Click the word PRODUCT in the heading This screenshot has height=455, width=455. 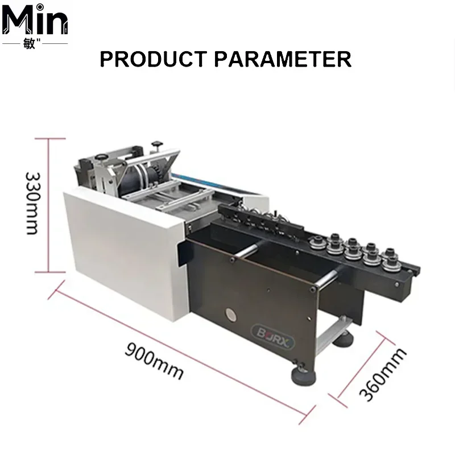tap(153, 59)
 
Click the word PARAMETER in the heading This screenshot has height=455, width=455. tap(283, 59)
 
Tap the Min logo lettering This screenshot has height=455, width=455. tap(35, 19)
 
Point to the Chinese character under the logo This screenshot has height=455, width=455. tap(29, 44)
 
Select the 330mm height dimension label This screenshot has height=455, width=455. tap(32, 203)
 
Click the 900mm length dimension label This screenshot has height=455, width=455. tap(154, 361)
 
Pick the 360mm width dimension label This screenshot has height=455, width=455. tap(382, 374)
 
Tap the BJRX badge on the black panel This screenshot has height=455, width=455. tap(273, 337)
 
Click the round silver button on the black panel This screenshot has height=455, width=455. tap(231, 315)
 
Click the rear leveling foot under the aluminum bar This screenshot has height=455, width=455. tap(344, 340)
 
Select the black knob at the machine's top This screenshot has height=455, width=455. tap(157, 144)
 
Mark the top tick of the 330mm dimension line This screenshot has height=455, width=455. tap(50, 139)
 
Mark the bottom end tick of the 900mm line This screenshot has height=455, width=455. tap(307, 415)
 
